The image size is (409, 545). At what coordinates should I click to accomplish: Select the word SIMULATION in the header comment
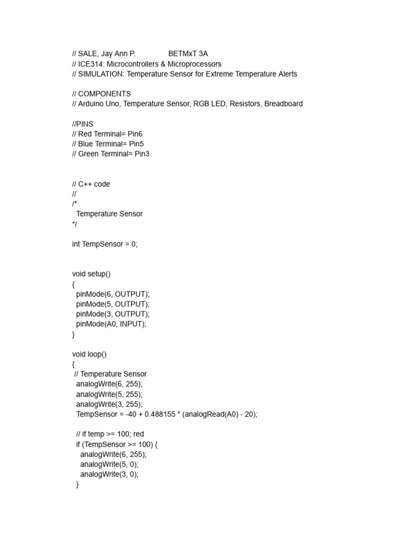(x=101, y=74)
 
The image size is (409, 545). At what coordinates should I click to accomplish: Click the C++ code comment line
(x=91, y=184)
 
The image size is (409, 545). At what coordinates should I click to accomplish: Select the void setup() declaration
(x=91, y=274)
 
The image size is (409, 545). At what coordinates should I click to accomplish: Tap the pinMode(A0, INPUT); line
(x=111, y=324)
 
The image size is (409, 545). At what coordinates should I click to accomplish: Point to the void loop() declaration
(x=89, y=354)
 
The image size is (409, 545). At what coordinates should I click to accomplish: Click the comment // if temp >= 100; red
(x=110, y=434)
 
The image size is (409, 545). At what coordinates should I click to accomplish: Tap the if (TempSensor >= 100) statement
(x=117, y=444)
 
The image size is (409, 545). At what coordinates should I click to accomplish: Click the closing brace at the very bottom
(x=77, y=484)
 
